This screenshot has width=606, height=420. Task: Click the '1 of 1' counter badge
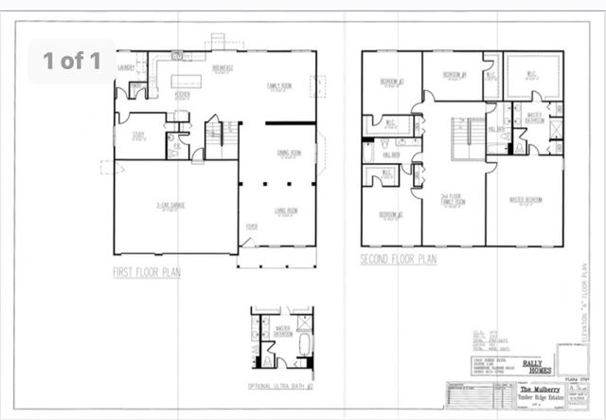[72, 62]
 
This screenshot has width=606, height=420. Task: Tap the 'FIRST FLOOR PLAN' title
[147, 272]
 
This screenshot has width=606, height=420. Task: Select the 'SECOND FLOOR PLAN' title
[398, 258]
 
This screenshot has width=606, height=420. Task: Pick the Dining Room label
[289, 152]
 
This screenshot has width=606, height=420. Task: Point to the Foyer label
[252, 227]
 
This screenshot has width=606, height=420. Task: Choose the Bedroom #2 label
[391, 214]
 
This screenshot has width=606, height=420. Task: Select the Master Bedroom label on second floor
[526, 199]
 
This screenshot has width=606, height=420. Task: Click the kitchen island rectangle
[189, 80]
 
